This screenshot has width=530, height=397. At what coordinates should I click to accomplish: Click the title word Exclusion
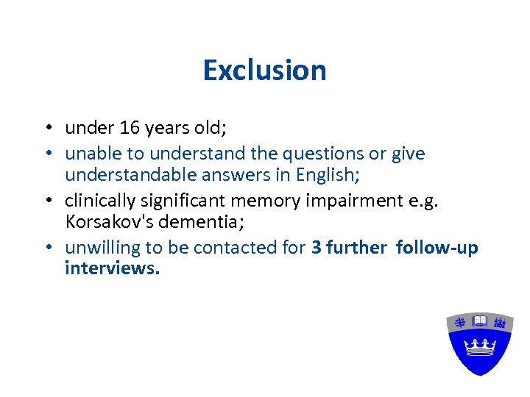pos(264,71)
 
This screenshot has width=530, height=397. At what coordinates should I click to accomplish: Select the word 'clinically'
pos(99,201)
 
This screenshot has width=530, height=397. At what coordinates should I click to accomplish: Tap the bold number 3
pos(316,248)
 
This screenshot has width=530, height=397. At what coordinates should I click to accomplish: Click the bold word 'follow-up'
pos(437,248)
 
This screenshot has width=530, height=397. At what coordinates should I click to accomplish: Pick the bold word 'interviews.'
pos(112,268)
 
